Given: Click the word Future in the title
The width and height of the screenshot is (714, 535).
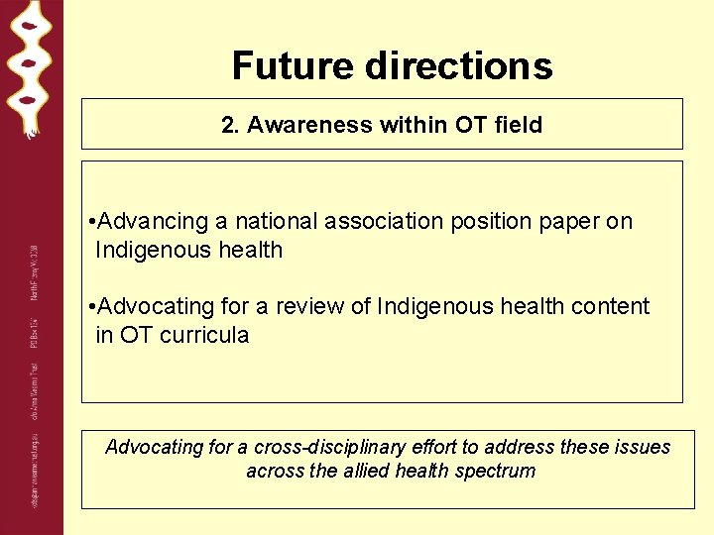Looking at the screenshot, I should point(294,66).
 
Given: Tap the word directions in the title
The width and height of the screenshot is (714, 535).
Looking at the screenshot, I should point(459,66).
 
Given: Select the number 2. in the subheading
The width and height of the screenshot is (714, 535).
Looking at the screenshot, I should point(231,125).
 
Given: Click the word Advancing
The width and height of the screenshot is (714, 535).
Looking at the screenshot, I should point(155,221).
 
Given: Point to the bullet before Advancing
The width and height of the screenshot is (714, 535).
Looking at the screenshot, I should point(91,221).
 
